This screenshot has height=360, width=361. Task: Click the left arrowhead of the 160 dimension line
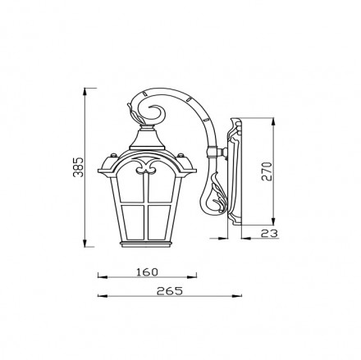coord(98,276)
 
